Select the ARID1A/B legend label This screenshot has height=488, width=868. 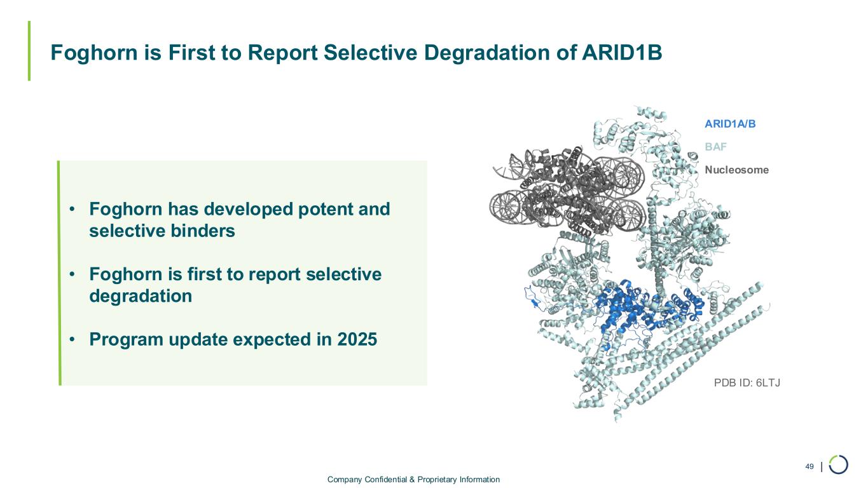(730, 124)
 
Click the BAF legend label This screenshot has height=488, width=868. (715, 147)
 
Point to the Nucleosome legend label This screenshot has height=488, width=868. (736, 170)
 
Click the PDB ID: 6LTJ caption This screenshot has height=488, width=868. (747, 383)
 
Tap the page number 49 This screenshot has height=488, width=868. (809, 466)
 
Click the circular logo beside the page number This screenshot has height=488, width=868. (839, 464)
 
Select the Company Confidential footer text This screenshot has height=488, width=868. (413, 480)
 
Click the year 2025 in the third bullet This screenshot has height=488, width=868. (357, 339)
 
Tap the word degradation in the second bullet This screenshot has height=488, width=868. (141, 297)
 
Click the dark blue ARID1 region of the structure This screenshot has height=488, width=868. (635, 310)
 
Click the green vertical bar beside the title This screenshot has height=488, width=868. (29, 51)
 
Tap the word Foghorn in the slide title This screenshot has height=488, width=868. (94, 53)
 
